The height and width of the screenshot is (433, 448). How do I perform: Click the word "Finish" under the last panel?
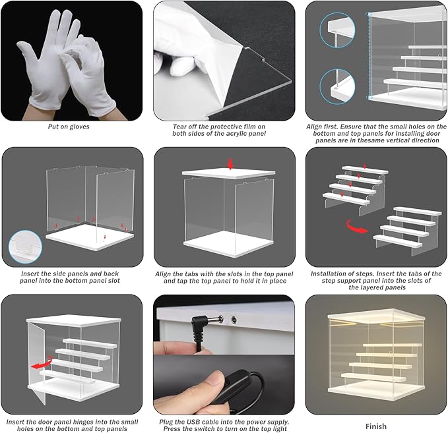click(x=376, y=426)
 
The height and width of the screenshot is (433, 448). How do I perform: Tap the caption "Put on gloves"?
click(x=69, y=127)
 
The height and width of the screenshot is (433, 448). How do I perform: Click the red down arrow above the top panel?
click(x=230, y=164)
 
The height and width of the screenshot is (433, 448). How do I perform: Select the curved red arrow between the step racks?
click(x=356, y=227)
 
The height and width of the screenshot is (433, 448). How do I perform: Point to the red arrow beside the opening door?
click(x=42, y=362)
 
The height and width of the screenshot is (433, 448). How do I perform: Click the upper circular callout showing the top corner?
click(x=337, y=30)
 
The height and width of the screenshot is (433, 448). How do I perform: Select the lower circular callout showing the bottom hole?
click(x=337, y=86)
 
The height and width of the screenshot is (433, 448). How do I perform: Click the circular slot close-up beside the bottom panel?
click(x=25, y=246)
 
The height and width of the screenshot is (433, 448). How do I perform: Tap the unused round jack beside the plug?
click(x=234, y=320)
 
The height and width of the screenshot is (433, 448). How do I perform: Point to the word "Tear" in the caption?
click(x=179, y=127)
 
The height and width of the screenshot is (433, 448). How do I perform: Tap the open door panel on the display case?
click(x=36, y=362)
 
